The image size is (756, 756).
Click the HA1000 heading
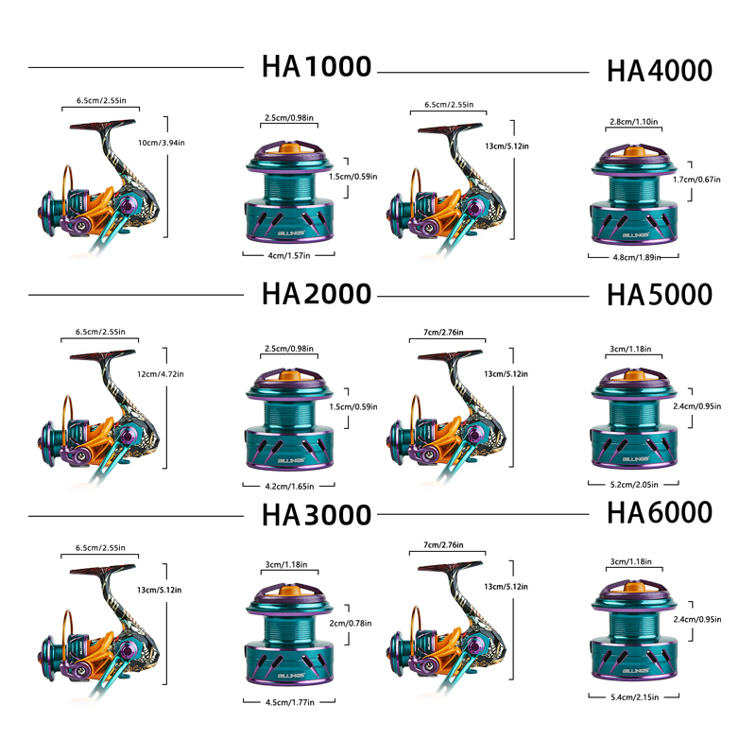316,68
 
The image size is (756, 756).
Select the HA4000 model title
659,72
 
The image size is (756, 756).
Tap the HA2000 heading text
316,293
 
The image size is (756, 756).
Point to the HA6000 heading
659,513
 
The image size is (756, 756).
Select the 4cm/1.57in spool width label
288,255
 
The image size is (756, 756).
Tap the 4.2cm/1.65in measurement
288,485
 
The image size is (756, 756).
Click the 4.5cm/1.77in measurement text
288,702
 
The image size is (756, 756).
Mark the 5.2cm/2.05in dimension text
633,484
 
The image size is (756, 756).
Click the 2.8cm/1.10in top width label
634,122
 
